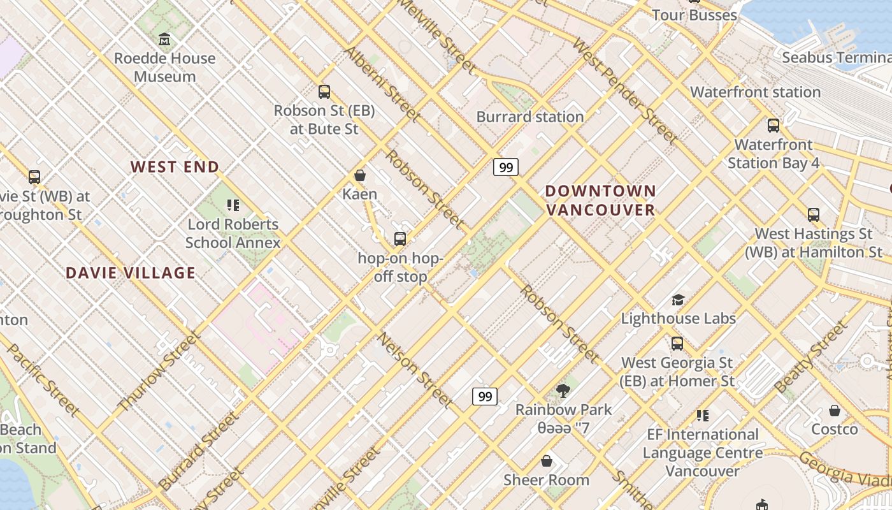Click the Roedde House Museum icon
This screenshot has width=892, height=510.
164,40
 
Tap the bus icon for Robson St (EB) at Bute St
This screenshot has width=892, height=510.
324,92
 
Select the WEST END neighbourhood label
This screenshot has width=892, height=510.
175,167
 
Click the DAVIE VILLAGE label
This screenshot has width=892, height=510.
131,273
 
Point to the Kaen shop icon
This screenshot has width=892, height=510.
360,175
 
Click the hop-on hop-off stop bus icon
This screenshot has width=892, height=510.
400,239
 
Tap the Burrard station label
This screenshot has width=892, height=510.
530,117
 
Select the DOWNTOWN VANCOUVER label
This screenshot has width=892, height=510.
600,200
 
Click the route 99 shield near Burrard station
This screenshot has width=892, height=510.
506,167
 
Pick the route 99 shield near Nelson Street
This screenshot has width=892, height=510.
485,397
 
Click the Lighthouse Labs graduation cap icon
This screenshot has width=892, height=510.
678,300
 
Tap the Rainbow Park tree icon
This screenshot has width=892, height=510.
563,390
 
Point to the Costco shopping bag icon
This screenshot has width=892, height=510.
835,411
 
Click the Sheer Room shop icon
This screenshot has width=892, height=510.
546,461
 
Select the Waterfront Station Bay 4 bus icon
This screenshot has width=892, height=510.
773,126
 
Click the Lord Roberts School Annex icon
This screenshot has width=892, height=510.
233,205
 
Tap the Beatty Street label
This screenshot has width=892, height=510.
811,357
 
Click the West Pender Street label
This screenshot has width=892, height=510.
624,91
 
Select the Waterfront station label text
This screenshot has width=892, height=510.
756,92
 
